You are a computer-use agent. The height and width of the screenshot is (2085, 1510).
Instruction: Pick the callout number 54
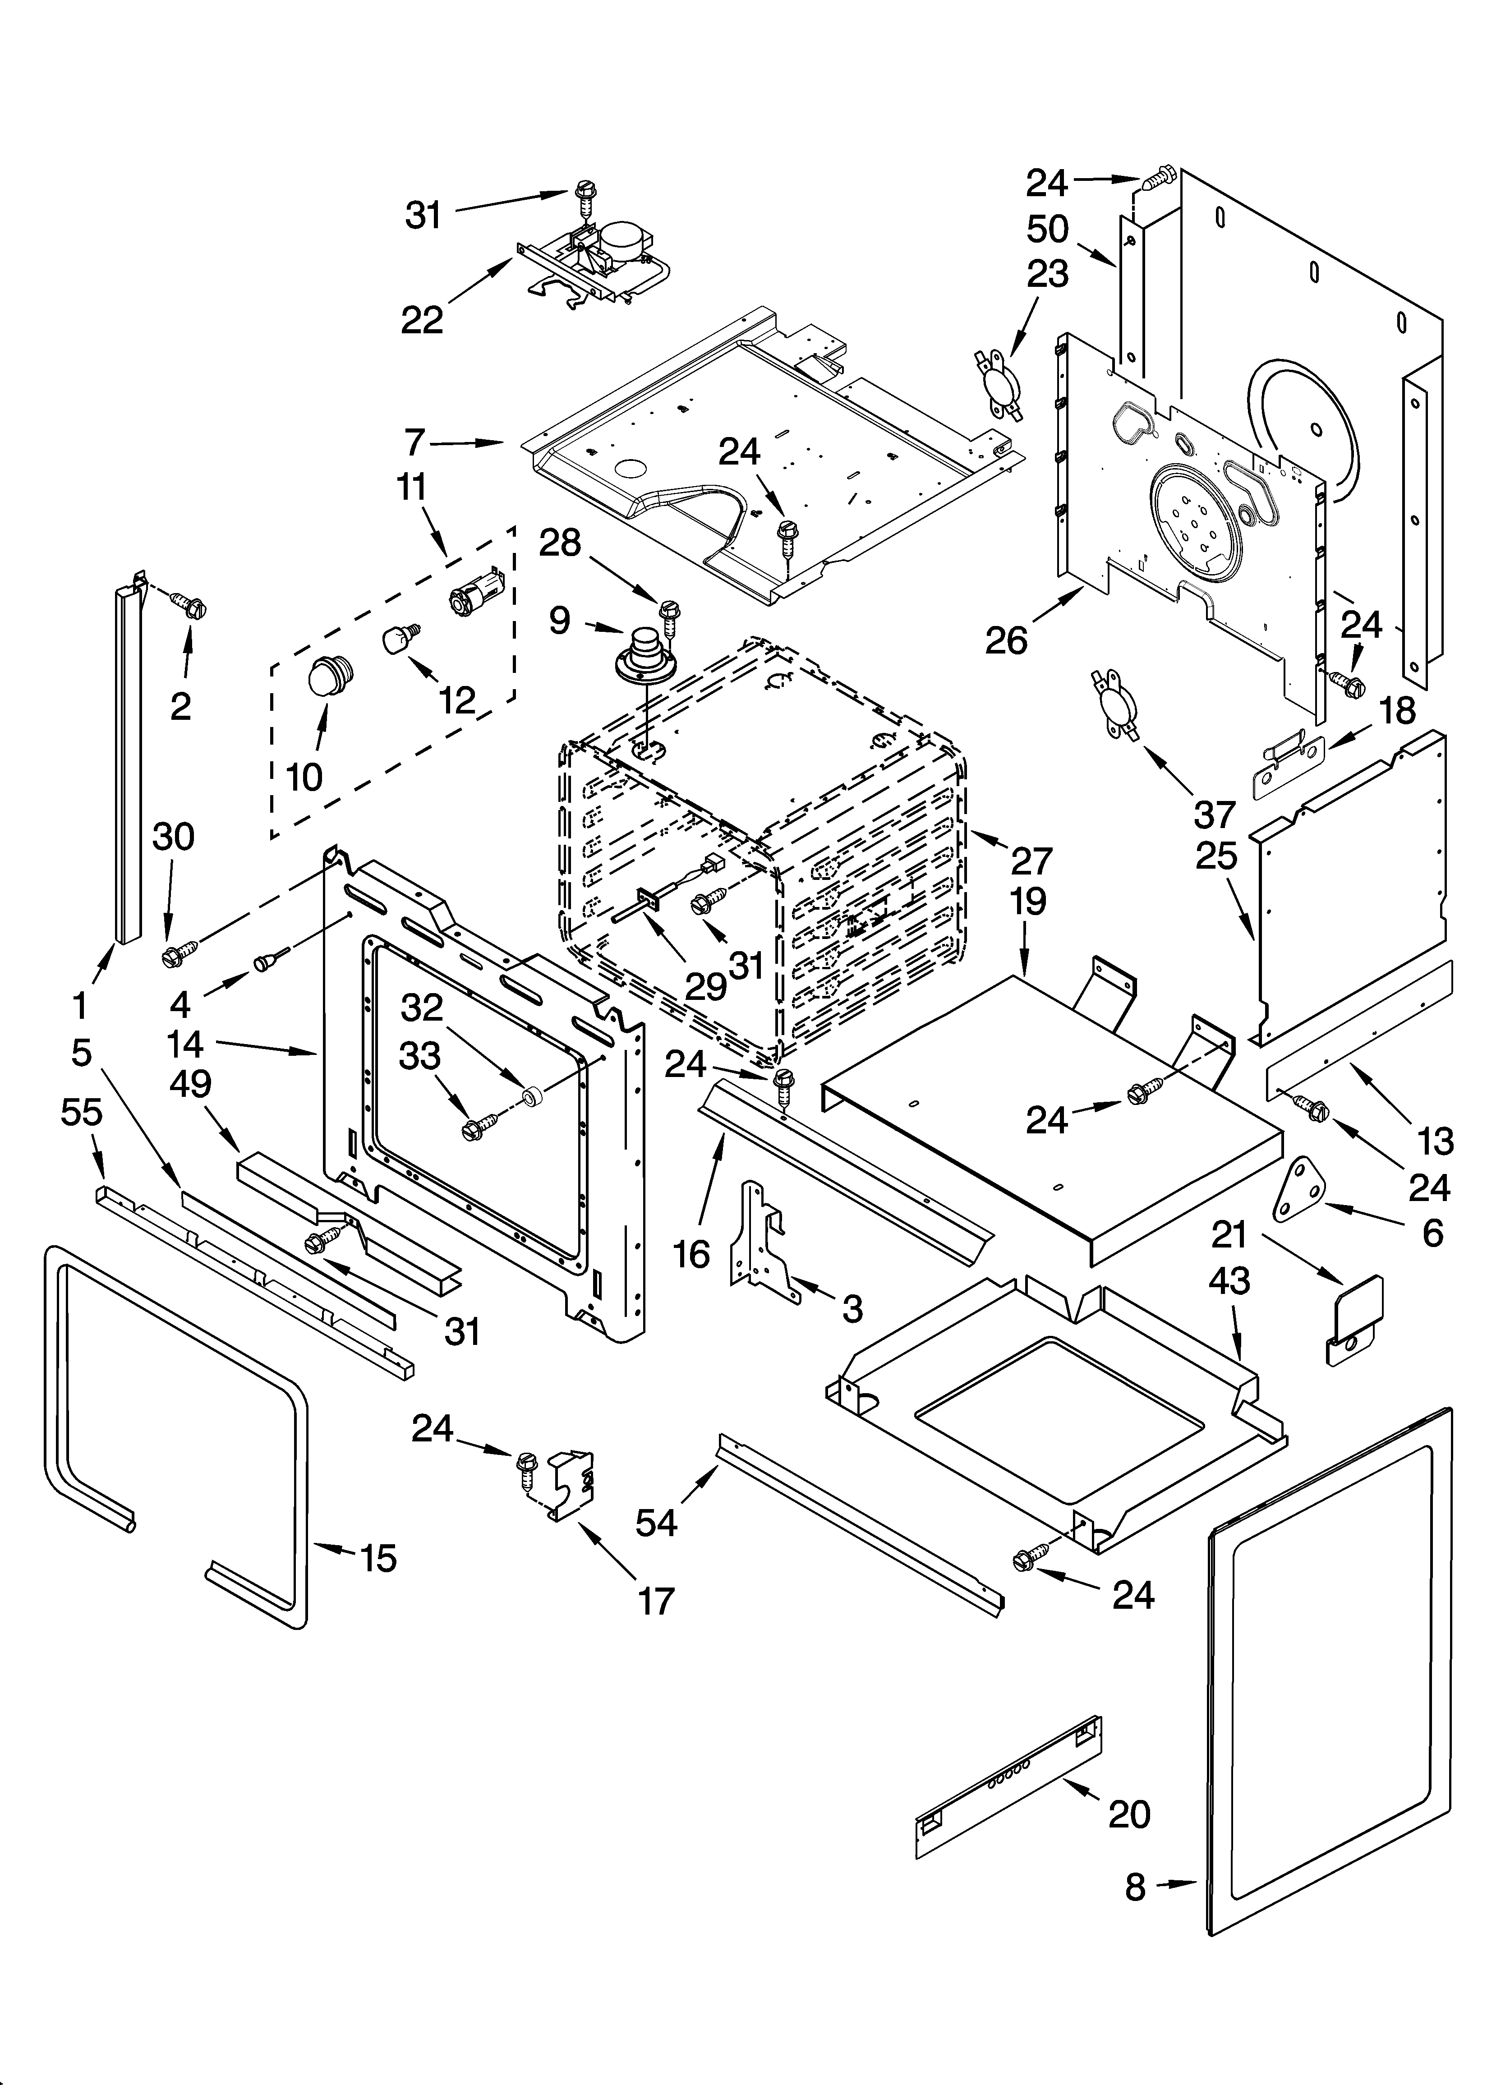click(x=657, y=1523)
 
